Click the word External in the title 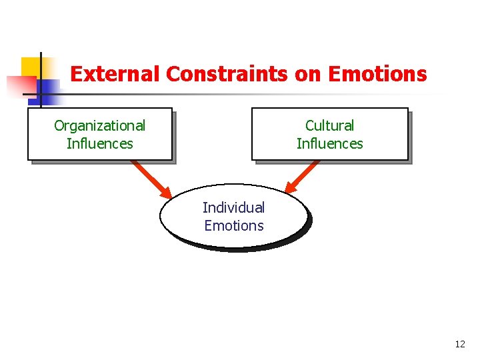[x=115, y=73]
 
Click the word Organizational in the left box [x=99, y=125]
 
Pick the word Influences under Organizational [x=99, y=143]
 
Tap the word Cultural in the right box [x=329, y=125]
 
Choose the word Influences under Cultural [x=329, y=143]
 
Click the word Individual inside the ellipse [x=233, y=207]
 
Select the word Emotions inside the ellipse [x=233, y=225]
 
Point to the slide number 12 [x=459, y=344]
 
